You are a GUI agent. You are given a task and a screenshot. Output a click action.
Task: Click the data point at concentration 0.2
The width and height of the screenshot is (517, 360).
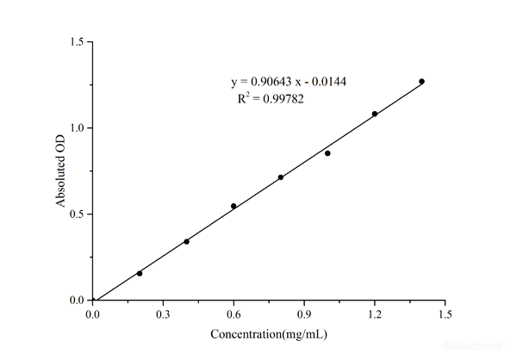140,273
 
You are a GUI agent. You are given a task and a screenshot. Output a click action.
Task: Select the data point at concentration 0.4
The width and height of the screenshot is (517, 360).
186,241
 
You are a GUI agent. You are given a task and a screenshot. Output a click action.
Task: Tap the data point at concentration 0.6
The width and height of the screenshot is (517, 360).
234,206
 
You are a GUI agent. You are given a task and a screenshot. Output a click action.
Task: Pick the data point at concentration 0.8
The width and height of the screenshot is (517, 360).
281,177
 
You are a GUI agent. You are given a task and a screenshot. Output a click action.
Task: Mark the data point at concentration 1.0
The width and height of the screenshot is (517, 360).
327,153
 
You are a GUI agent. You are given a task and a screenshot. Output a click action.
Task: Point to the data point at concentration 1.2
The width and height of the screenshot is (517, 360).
375,114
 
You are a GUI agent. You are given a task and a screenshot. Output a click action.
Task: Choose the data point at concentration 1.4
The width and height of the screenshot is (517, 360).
421,81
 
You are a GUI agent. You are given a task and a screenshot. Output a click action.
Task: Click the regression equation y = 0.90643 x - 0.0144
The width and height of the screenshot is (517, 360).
289,82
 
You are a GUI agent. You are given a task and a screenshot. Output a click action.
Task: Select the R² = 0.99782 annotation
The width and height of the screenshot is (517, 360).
271,99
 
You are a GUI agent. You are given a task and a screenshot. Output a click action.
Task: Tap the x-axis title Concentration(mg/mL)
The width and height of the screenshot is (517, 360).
269,333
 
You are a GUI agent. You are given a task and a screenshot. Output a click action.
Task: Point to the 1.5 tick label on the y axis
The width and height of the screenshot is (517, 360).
78,41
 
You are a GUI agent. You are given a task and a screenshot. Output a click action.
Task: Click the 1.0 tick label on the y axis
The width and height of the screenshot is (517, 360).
78,127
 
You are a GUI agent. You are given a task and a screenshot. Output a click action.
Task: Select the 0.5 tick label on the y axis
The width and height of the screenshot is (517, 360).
78,214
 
